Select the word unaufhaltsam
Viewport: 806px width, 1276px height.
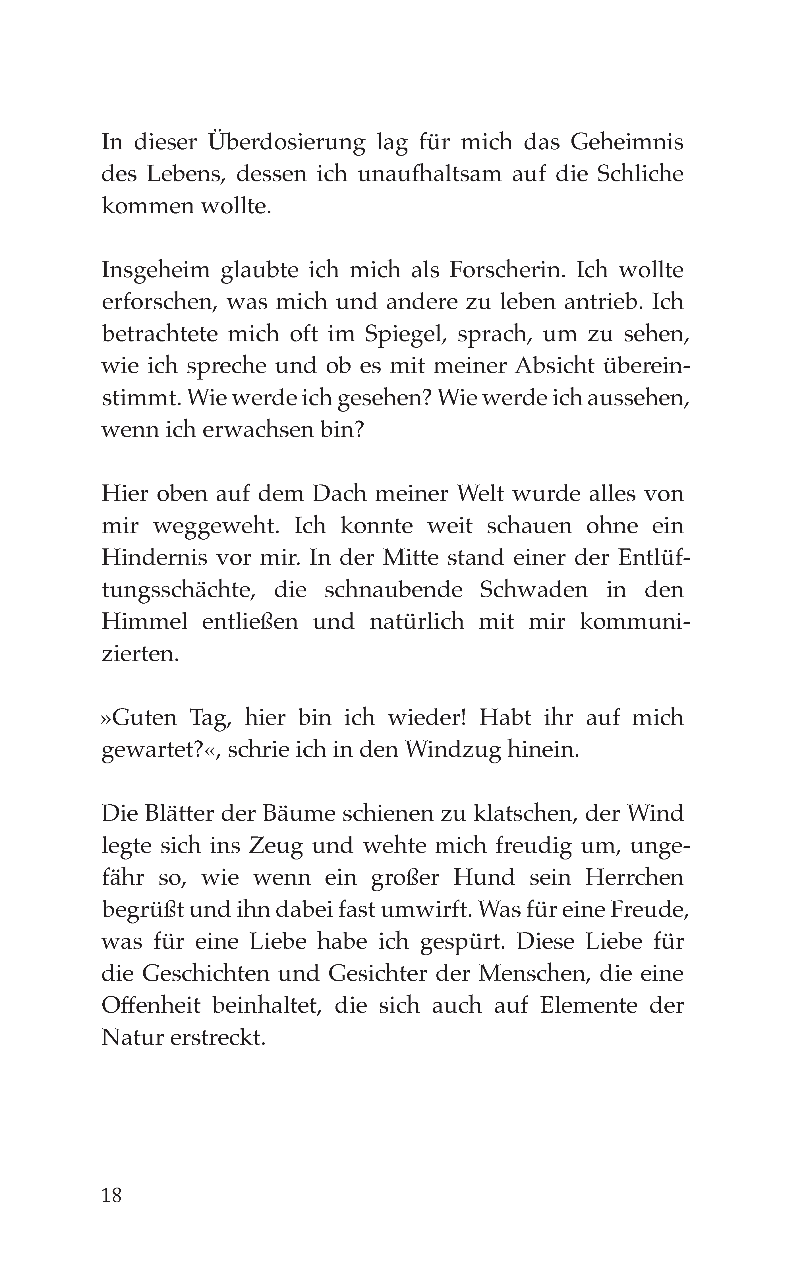(x=430, y=174)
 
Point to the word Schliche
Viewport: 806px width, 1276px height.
(x=640, y=174)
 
